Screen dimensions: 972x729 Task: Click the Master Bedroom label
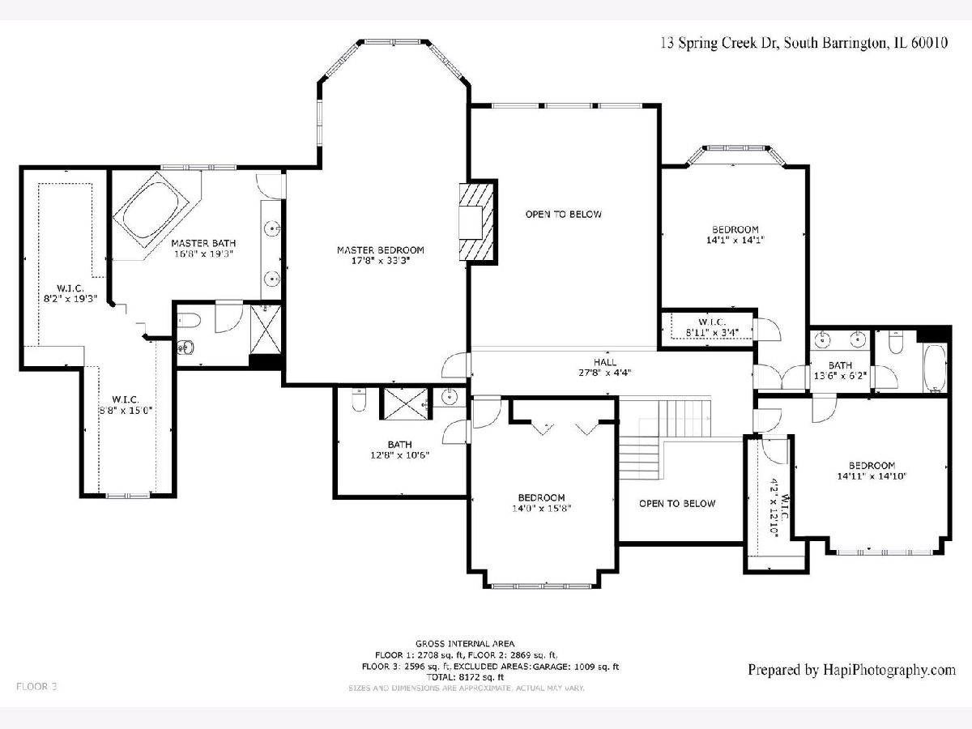click(381, 250)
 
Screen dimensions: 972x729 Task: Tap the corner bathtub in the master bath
click(151, 210)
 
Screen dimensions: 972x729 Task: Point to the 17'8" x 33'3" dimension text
click(381, 261)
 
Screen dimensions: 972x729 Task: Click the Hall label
click(605, 362)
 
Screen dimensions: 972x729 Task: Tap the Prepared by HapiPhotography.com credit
click(852, 670)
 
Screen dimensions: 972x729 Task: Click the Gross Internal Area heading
click(465, 644)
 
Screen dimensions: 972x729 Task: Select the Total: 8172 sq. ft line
click(465, 677)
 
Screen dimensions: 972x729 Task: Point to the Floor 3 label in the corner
click(36, 687)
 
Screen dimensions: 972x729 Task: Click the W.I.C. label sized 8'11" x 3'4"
click(712, 327)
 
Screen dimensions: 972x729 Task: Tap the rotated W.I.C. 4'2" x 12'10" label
click(779, 507)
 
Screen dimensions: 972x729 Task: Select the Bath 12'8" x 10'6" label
click(400, 450)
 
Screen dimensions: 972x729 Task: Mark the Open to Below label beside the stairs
click(677, 503)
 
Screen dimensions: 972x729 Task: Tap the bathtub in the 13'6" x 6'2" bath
click(935, 369)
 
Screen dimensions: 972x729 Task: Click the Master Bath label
click(203, 243)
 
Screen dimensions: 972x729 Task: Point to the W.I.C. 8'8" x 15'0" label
click(126, 404)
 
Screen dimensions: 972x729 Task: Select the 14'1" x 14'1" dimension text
click(735, 241)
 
